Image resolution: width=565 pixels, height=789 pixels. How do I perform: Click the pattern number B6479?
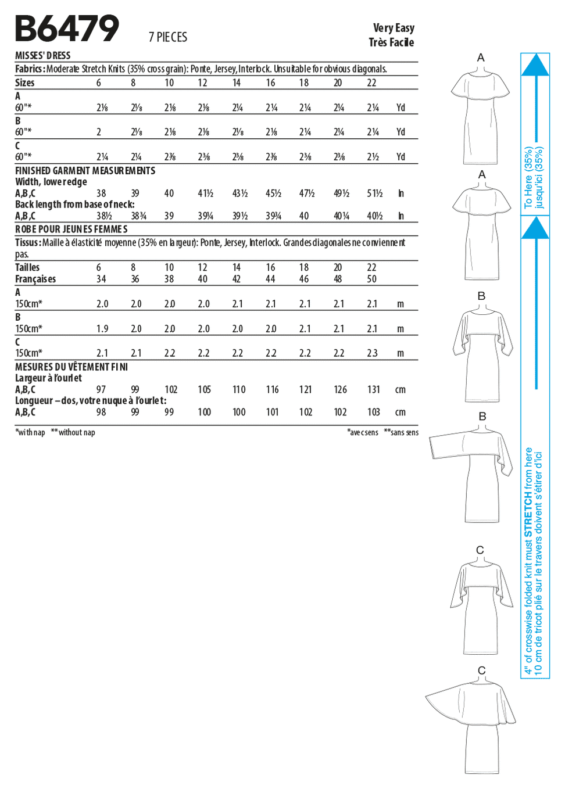67,28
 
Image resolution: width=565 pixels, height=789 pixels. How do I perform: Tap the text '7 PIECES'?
168,37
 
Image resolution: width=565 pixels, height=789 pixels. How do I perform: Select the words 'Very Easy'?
394,28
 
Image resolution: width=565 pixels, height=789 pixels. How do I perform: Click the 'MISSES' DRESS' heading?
42,56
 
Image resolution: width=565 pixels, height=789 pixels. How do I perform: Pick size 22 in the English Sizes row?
371,83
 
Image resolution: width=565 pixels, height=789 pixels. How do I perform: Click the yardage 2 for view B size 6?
99,132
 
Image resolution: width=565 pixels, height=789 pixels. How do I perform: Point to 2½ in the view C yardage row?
373,157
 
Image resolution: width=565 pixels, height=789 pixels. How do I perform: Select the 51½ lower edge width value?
374,193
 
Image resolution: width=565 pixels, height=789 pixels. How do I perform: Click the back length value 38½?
104,216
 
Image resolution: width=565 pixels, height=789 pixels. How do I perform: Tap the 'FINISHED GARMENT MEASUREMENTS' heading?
85,171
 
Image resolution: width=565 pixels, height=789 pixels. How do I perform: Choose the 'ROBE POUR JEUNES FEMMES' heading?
71,229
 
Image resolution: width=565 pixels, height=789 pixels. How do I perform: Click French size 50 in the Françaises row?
371,279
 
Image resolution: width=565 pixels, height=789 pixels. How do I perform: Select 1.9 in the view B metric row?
102,329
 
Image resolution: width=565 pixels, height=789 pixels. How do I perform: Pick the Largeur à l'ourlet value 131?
374,390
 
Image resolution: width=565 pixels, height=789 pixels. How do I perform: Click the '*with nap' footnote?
30,432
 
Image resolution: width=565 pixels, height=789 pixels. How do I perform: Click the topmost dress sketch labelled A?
480,116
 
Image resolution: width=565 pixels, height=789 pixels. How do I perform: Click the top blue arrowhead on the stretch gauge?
535,65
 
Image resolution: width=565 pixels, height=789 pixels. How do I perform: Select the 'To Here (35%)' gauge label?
528,177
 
